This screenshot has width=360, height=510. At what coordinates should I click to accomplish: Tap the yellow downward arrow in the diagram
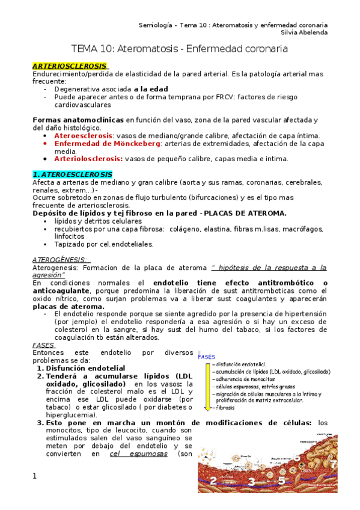coord(206,385)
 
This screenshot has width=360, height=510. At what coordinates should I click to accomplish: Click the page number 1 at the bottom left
coord(34,476)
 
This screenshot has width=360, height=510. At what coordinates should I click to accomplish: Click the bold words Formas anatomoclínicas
coord(78,120)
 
